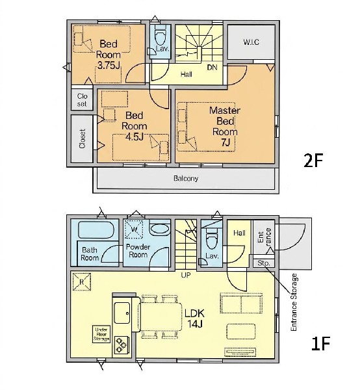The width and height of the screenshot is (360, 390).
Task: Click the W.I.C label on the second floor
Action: [x=251, y=42]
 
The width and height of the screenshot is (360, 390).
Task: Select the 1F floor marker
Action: [x=320, y=343]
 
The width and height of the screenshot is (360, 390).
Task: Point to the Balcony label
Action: [x=186, y=178]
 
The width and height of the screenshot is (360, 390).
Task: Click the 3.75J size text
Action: [x=109, y=66]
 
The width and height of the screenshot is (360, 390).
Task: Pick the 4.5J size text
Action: [x=134, y=136]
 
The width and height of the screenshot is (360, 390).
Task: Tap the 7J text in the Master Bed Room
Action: [x=225, y=142]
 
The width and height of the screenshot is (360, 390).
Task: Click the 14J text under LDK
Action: [x=195, y=324]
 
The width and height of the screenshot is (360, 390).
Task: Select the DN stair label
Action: [x=212, y=67]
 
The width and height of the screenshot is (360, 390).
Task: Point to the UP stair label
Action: [x=186, y=275]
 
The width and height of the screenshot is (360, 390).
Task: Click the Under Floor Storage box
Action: [x=101, y=334]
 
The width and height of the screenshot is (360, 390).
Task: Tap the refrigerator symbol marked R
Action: [x=82, y=282]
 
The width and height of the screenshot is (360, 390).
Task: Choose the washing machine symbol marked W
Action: [x=134, y=229]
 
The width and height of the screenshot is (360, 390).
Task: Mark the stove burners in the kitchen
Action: [x=122, y=344]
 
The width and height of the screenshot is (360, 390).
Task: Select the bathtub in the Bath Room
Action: [x=96, y=230]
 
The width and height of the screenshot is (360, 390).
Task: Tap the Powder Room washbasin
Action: [x=161, y=228]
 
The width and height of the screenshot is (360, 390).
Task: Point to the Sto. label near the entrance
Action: [x=263, y=263]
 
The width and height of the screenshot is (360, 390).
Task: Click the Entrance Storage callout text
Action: [x=294, y=302]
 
